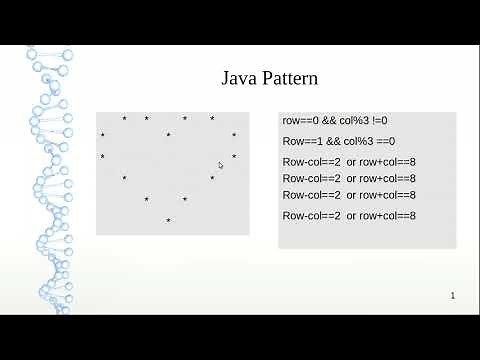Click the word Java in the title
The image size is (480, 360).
click(242, 78)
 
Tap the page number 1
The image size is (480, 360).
click(453, 296)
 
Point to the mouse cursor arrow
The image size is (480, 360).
click(221, 165)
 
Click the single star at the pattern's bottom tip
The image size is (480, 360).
click(168, 221)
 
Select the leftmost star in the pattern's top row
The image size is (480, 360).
click(124, 120)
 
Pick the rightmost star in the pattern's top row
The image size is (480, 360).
click(212, 120)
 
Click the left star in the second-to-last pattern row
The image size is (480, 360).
click(146, 200)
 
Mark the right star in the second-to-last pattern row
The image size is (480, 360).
click(185, 200)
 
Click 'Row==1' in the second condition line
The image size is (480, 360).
click(301, 141)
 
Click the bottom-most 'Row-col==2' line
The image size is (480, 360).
click(311, 215)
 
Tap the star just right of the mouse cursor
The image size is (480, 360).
click(234, 157)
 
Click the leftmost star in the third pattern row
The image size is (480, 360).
click(102, 157)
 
